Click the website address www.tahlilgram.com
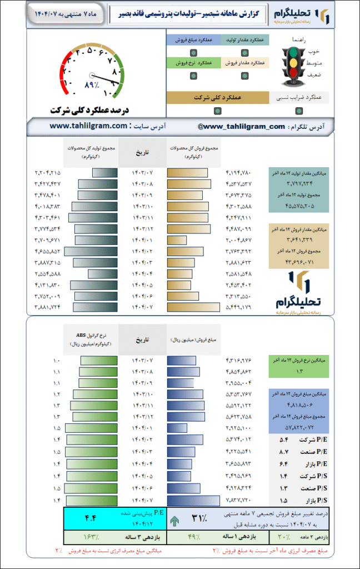click(x=89, y=126)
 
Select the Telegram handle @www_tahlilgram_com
click(x=241, y=127)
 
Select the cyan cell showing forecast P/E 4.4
click(x=114, y=518)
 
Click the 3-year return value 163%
click(x=89, y=537)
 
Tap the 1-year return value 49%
click(x=192, y=537)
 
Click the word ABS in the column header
click(x=83, y=335)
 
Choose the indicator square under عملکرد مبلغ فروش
click(x=192, y=53)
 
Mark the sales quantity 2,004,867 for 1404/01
click(x=239, y=241)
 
